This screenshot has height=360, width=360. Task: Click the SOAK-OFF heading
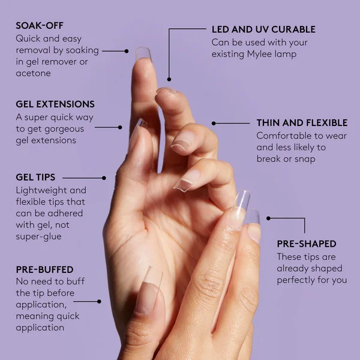pos(40,25)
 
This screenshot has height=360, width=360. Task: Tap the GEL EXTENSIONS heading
pos(55,104)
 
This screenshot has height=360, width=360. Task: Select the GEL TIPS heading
pos(35,178)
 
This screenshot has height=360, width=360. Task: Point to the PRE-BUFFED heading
pos(44,270)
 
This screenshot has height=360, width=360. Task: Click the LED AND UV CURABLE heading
pos(263,29)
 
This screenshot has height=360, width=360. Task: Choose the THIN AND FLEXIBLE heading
pos(302,123)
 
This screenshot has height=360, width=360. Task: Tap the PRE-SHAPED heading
pos(307,244)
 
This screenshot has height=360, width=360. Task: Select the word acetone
pos(34,73)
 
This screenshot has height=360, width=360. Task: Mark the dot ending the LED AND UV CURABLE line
pos(169,79)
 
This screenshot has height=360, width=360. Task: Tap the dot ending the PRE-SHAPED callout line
pos(268,218)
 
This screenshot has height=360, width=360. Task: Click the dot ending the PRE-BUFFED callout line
pos(99,301)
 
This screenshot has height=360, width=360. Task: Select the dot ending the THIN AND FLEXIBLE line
pos(213,124)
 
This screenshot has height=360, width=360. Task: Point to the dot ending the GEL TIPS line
pos(104,178)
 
